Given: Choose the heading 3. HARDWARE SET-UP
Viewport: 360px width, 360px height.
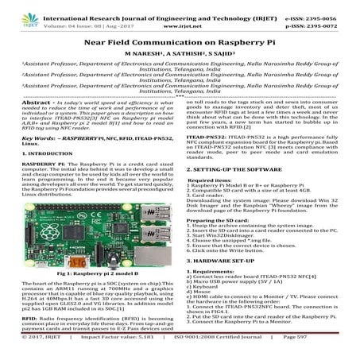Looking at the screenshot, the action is (x=224, y=261).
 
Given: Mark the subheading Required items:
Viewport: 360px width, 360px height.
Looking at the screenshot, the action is (x=214, y=159).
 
